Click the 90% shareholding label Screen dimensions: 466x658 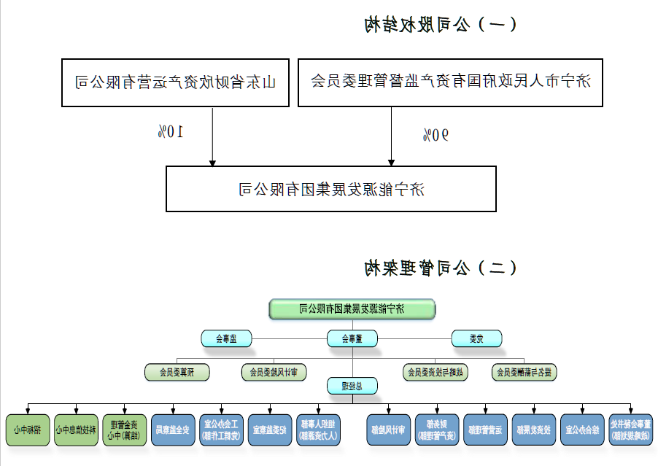click(x=436, y=134)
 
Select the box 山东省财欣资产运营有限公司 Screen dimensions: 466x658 click(x=175, y=82)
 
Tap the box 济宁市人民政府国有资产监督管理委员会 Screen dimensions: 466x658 click(x=450, y=82)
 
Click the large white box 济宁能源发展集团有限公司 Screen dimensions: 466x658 click(x=330, y=189)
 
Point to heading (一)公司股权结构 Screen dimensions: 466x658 click(x=441, y=26)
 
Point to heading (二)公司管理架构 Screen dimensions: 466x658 click(x=441, y=268)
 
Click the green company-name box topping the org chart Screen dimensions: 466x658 click(x=352, y=309)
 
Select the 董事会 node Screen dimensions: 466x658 click(x=352, y=338)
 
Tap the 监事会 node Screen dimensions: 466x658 click(x=226, y=338)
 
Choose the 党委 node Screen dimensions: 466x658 click(x=476, y=338)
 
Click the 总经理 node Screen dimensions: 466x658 click(x=352, y=387)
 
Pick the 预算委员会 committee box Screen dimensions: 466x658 click(x=177, y=372)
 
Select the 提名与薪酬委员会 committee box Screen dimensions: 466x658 click(x=523, y=372)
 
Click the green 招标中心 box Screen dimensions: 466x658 click(x=28, y=430)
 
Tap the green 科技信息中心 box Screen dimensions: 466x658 click(x=77, y=430)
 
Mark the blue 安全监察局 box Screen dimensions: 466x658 click(x=173, y=430)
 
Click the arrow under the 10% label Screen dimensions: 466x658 click(x=212, y=157)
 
